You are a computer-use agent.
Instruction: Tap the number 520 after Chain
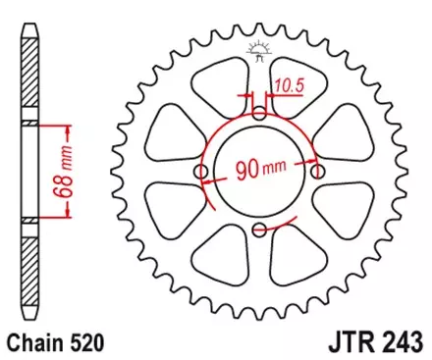(88, 342)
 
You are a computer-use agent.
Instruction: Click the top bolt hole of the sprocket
(258, 114)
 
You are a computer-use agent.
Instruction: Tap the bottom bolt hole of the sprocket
(258, 231)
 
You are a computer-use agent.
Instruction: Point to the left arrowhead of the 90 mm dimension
(213, 173)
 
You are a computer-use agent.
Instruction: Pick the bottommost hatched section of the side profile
(33, 275)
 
